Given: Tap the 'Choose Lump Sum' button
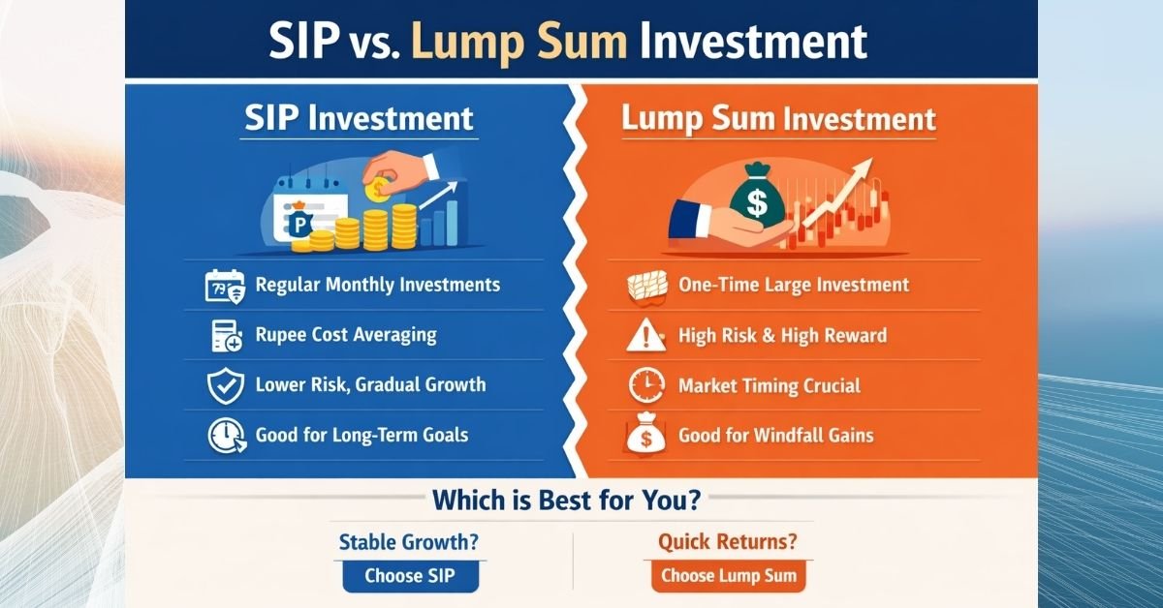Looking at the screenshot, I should point(728,577).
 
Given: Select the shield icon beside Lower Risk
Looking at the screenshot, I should point(224,385).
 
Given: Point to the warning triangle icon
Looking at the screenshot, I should point(644,336).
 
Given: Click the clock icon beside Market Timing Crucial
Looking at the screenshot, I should point(644,386).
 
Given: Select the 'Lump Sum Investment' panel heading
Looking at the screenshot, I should point(778,119).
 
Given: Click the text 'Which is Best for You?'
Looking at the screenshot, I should point(567,502).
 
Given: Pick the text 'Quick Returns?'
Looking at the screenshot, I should point(728,542).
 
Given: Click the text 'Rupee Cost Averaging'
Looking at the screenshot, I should point(346,336).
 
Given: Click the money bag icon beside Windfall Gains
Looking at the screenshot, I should point(644,436).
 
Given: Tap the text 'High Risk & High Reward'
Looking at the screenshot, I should point(782,336).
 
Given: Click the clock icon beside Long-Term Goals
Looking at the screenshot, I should point(224,436).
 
